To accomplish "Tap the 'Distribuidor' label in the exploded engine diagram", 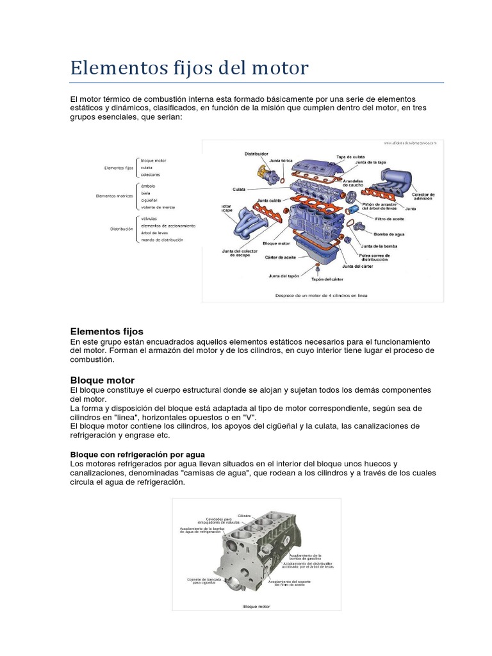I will (x=256, y=154).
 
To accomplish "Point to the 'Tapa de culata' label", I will (x=351, y=156).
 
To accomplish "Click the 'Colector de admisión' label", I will (x=423, y=197).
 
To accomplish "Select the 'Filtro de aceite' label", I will (x=389, y=218).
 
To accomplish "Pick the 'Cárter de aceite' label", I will (x=280, y=257).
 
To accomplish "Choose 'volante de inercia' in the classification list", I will (x=158, y=207).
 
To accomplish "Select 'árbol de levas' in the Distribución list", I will (x=155, y=233).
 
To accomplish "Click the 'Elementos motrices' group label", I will (x=114, y=196).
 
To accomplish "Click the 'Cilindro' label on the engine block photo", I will (x=244, y=515).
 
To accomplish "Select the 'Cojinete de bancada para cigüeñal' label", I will (x=204, y=581).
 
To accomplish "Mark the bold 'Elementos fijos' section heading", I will (x=106, y=331).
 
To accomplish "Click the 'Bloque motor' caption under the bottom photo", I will (x=256, y=605).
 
